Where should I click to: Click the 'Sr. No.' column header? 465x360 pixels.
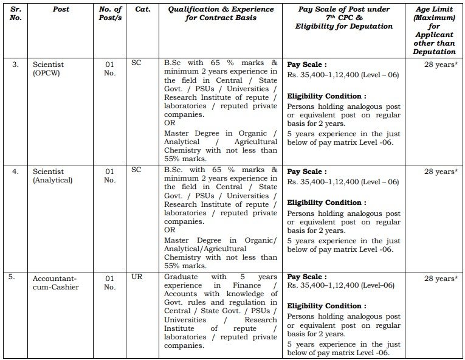pyautogui.click(x=15, y=13)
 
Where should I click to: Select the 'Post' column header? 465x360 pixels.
pyautogui.click(x=61, y=9)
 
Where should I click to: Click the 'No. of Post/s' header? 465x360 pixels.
pyautogui.click(x=109, y=13)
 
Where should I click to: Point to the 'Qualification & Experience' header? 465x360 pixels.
pyautogui.click(x=221, y=13)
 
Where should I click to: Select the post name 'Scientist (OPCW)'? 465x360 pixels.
pyautogui.click(x=48, y=68)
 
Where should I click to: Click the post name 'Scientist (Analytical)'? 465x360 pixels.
pyautogui.click(x=52, y=175)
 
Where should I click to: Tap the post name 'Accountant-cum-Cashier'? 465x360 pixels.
pyautogui.click(x=55, y=282)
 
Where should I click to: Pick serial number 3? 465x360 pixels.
pyautogui.click(x=15, y=64)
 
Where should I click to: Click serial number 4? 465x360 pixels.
pyautogui.click(x=15, y=171)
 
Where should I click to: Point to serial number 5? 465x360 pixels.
pyautogui.click(x=15, y=277)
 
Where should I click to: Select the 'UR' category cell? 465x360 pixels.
pyautogui.click(x=137, y=277)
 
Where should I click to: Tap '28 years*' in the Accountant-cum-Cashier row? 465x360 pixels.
pyautogui.click(x=441, y=278)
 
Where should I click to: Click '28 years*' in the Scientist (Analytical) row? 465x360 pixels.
pyautogui.click(x=441, y=171)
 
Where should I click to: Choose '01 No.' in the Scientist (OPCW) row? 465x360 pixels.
pyautogui.click(x=109, y=68)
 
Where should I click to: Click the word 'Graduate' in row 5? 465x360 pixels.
pyautogui.click(x=181, y=277)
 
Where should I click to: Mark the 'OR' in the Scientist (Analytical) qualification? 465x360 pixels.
pyautogui.click(x=170, y=230)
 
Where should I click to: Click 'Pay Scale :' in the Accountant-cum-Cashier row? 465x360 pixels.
pyautogui.click(x=307, y=277)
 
